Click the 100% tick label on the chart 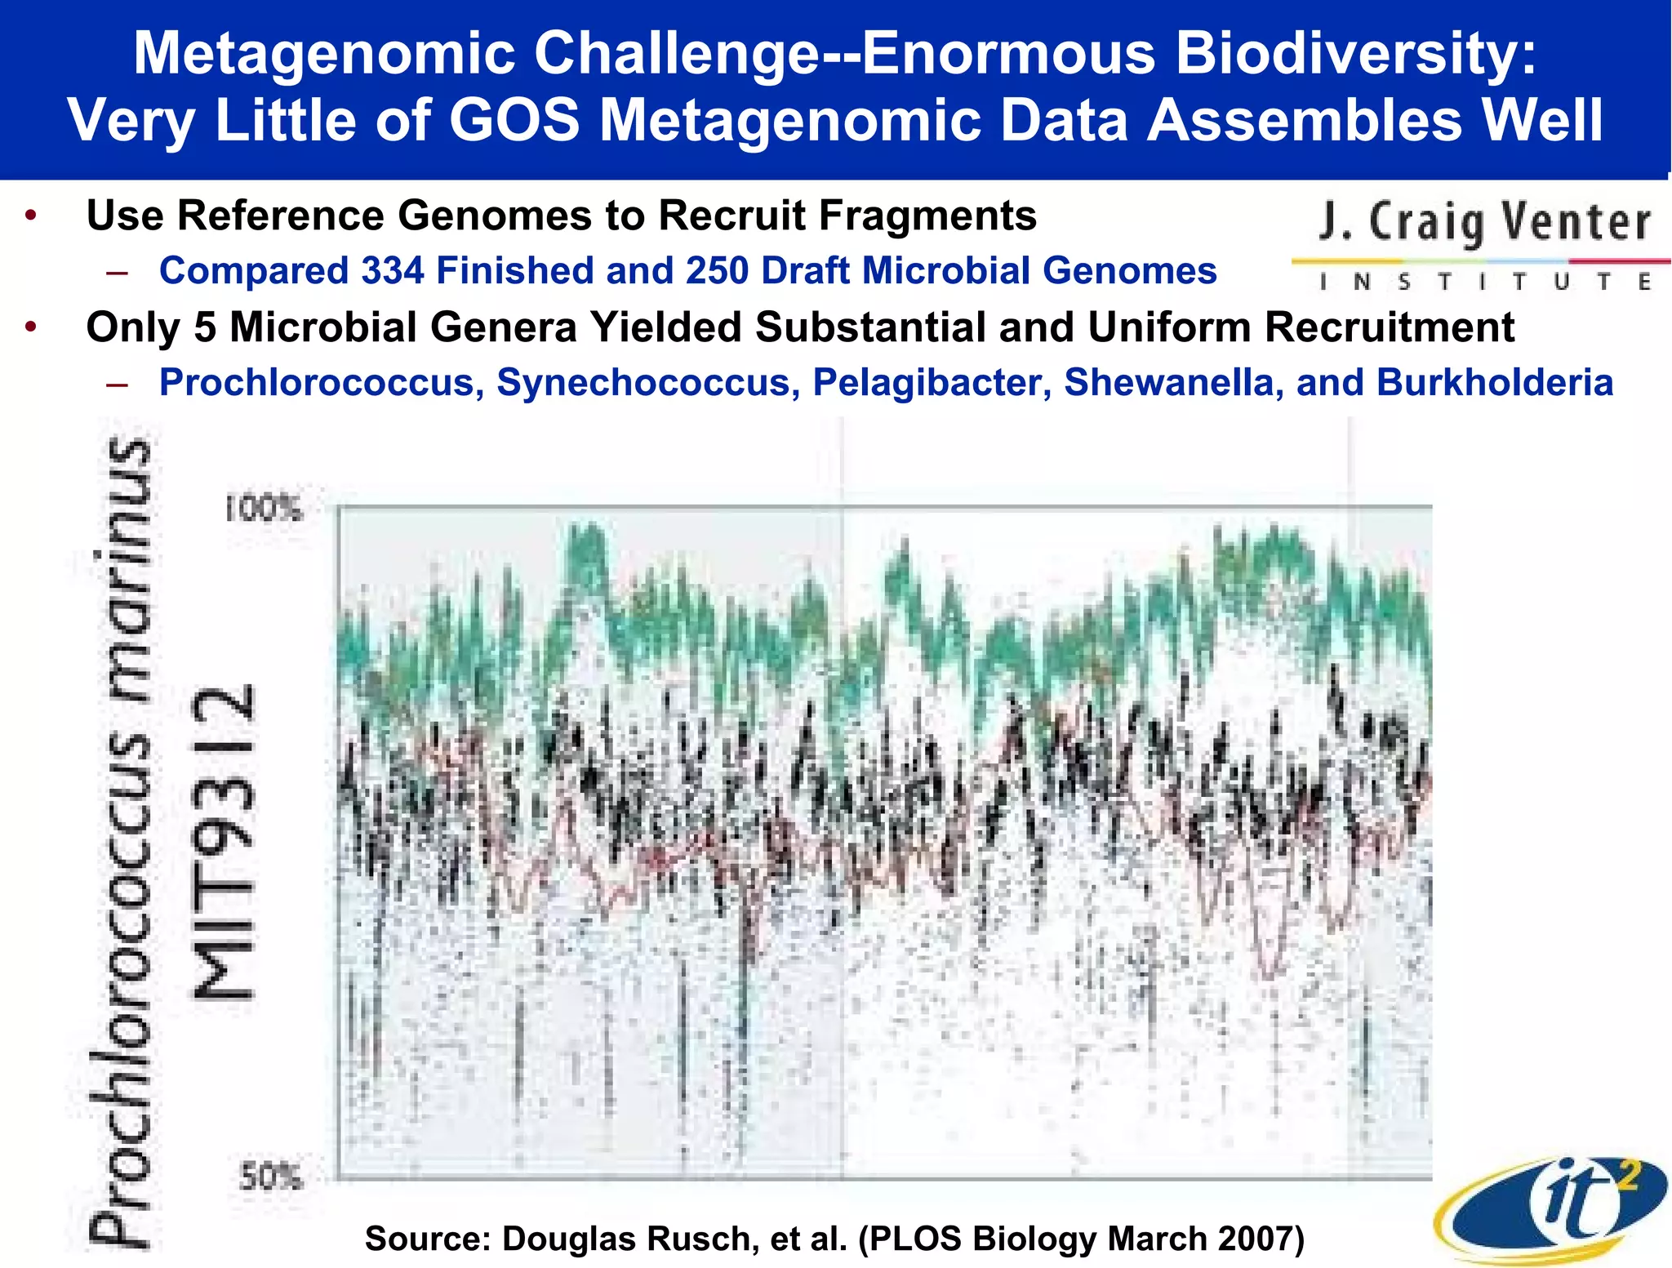point(264,510)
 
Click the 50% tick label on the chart point(270,1177)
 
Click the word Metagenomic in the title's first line point(323,54)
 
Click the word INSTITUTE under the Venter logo point(1483,283)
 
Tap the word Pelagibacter point(932,383)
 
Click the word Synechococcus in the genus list point(647,383)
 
